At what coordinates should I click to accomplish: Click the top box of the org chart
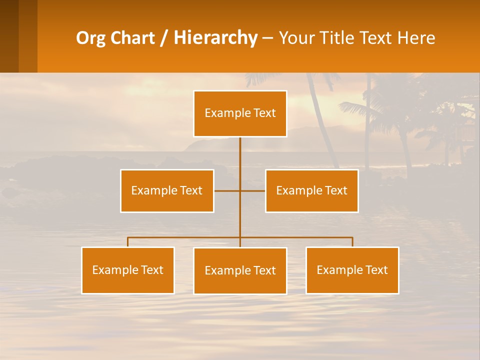point(240,113)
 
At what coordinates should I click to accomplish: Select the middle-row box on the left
point(167,190)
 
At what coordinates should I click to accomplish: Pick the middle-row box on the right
point(311,190)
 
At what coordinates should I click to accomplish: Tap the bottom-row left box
point(127,270)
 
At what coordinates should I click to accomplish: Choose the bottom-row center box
point(240,270)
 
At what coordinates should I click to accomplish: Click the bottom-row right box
point(352,270)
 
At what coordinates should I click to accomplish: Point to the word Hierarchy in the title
point(215,38)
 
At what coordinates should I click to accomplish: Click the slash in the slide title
point(164,38)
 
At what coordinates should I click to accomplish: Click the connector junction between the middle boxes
point(240,190)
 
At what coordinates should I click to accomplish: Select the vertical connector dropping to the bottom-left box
point(127,242)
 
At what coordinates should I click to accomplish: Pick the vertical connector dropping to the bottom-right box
point(352,242)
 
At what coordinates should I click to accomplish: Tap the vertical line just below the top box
point(240,150)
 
